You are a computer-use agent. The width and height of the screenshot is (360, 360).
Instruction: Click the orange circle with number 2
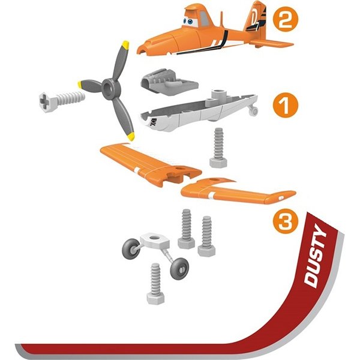(286, 19)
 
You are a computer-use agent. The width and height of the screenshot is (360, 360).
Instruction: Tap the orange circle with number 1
(286, 105)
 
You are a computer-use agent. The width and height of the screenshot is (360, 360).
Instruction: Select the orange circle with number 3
(286, 221)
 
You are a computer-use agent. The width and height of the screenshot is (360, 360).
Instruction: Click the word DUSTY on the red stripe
(316, 256)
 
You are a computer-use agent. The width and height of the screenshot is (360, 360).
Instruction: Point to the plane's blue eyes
(188, 22)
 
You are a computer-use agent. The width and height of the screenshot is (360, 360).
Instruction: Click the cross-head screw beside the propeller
(62, 101)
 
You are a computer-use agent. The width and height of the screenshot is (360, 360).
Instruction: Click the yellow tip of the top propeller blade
(125, 45)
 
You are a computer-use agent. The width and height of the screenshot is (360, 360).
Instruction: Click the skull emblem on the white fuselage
(154, 122)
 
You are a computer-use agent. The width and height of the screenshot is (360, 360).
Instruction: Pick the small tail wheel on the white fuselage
(254, 111)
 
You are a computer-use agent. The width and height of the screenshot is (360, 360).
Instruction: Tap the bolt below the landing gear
(155, 284)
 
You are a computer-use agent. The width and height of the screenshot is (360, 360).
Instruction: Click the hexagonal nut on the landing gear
(155, 241)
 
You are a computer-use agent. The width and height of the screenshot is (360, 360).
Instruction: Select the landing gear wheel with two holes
(179, 269)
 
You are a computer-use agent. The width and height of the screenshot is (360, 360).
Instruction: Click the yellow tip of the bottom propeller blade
(131, 136)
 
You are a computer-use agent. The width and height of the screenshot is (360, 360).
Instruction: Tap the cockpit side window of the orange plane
(203, 18)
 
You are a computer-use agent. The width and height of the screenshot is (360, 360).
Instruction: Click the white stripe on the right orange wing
(211, 195)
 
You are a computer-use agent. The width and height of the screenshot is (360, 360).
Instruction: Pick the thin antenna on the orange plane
(222, 19)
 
